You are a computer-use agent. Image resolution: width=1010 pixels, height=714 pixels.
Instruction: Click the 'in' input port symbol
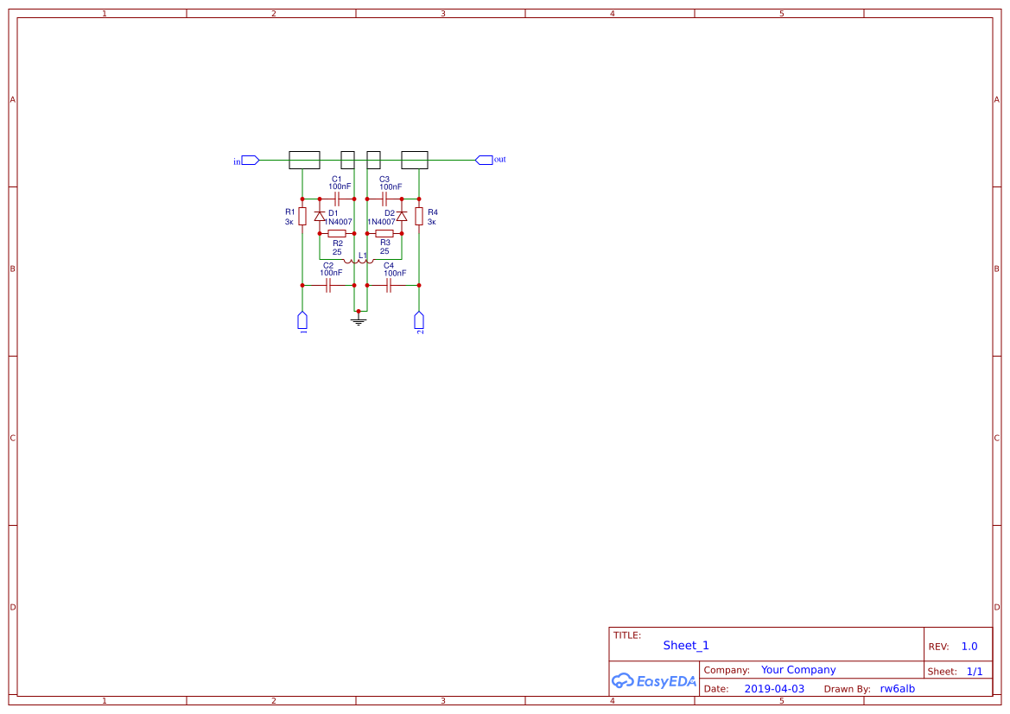pyautogui.click(x=250, y=160)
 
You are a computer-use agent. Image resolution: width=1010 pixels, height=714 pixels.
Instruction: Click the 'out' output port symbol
pyautogui.click(x=484, y=160)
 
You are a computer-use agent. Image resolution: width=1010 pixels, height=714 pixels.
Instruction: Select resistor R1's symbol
pyautogui.click(x=302, y=216)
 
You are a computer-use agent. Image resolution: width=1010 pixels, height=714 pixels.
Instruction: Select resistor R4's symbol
pyautogui.click(x=419, y=216)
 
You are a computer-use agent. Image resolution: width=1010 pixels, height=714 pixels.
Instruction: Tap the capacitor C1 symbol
pyautogui.click(x=337, y=199)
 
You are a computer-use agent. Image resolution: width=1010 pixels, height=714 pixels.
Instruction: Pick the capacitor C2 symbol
pyautogui.click(x=328, y=285)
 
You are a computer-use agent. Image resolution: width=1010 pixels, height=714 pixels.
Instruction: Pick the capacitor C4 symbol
pyautogui.click(x=389, y=285)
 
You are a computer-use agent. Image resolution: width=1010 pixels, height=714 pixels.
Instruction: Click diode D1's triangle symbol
pyautogui.click(x=320, y=216)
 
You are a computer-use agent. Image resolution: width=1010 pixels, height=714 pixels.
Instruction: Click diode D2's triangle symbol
pyautogui.click(x=402, y=216)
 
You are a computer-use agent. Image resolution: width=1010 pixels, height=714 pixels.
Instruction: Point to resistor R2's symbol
pyautogui.click(x=337, y=233)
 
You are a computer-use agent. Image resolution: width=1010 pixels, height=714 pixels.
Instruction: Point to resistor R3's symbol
pyautogui.click(x=384, y=233)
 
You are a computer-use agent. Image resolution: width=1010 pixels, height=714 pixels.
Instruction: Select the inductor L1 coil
pyautogui.click(x=359, y=260)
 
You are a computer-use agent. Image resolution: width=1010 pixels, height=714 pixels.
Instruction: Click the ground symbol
pyautogui.click(x=359, y=320)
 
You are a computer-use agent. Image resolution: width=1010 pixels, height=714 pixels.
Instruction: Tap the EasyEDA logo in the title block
pyautogui.click(x=654, y=680)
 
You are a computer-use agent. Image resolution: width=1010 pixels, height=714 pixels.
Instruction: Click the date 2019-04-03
pyautogui.click(x=774, y=689)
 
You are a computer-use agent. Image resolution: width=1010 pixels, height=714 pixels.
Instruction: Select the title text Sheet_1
pyautogui.click(x=686, y=646)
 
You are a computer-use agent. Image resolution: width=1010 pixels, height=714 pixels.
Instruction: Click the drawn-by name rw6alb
pyautogui.click(x=897, y=689)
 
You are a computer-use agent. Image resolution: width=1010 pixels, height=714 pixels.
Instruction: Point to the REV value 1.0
pyautogui.click(x=969, y=647)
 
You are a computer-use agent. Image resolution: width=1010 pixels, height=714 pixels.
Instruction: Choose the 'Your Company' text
pyautogui.click(x=798, y=670)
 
